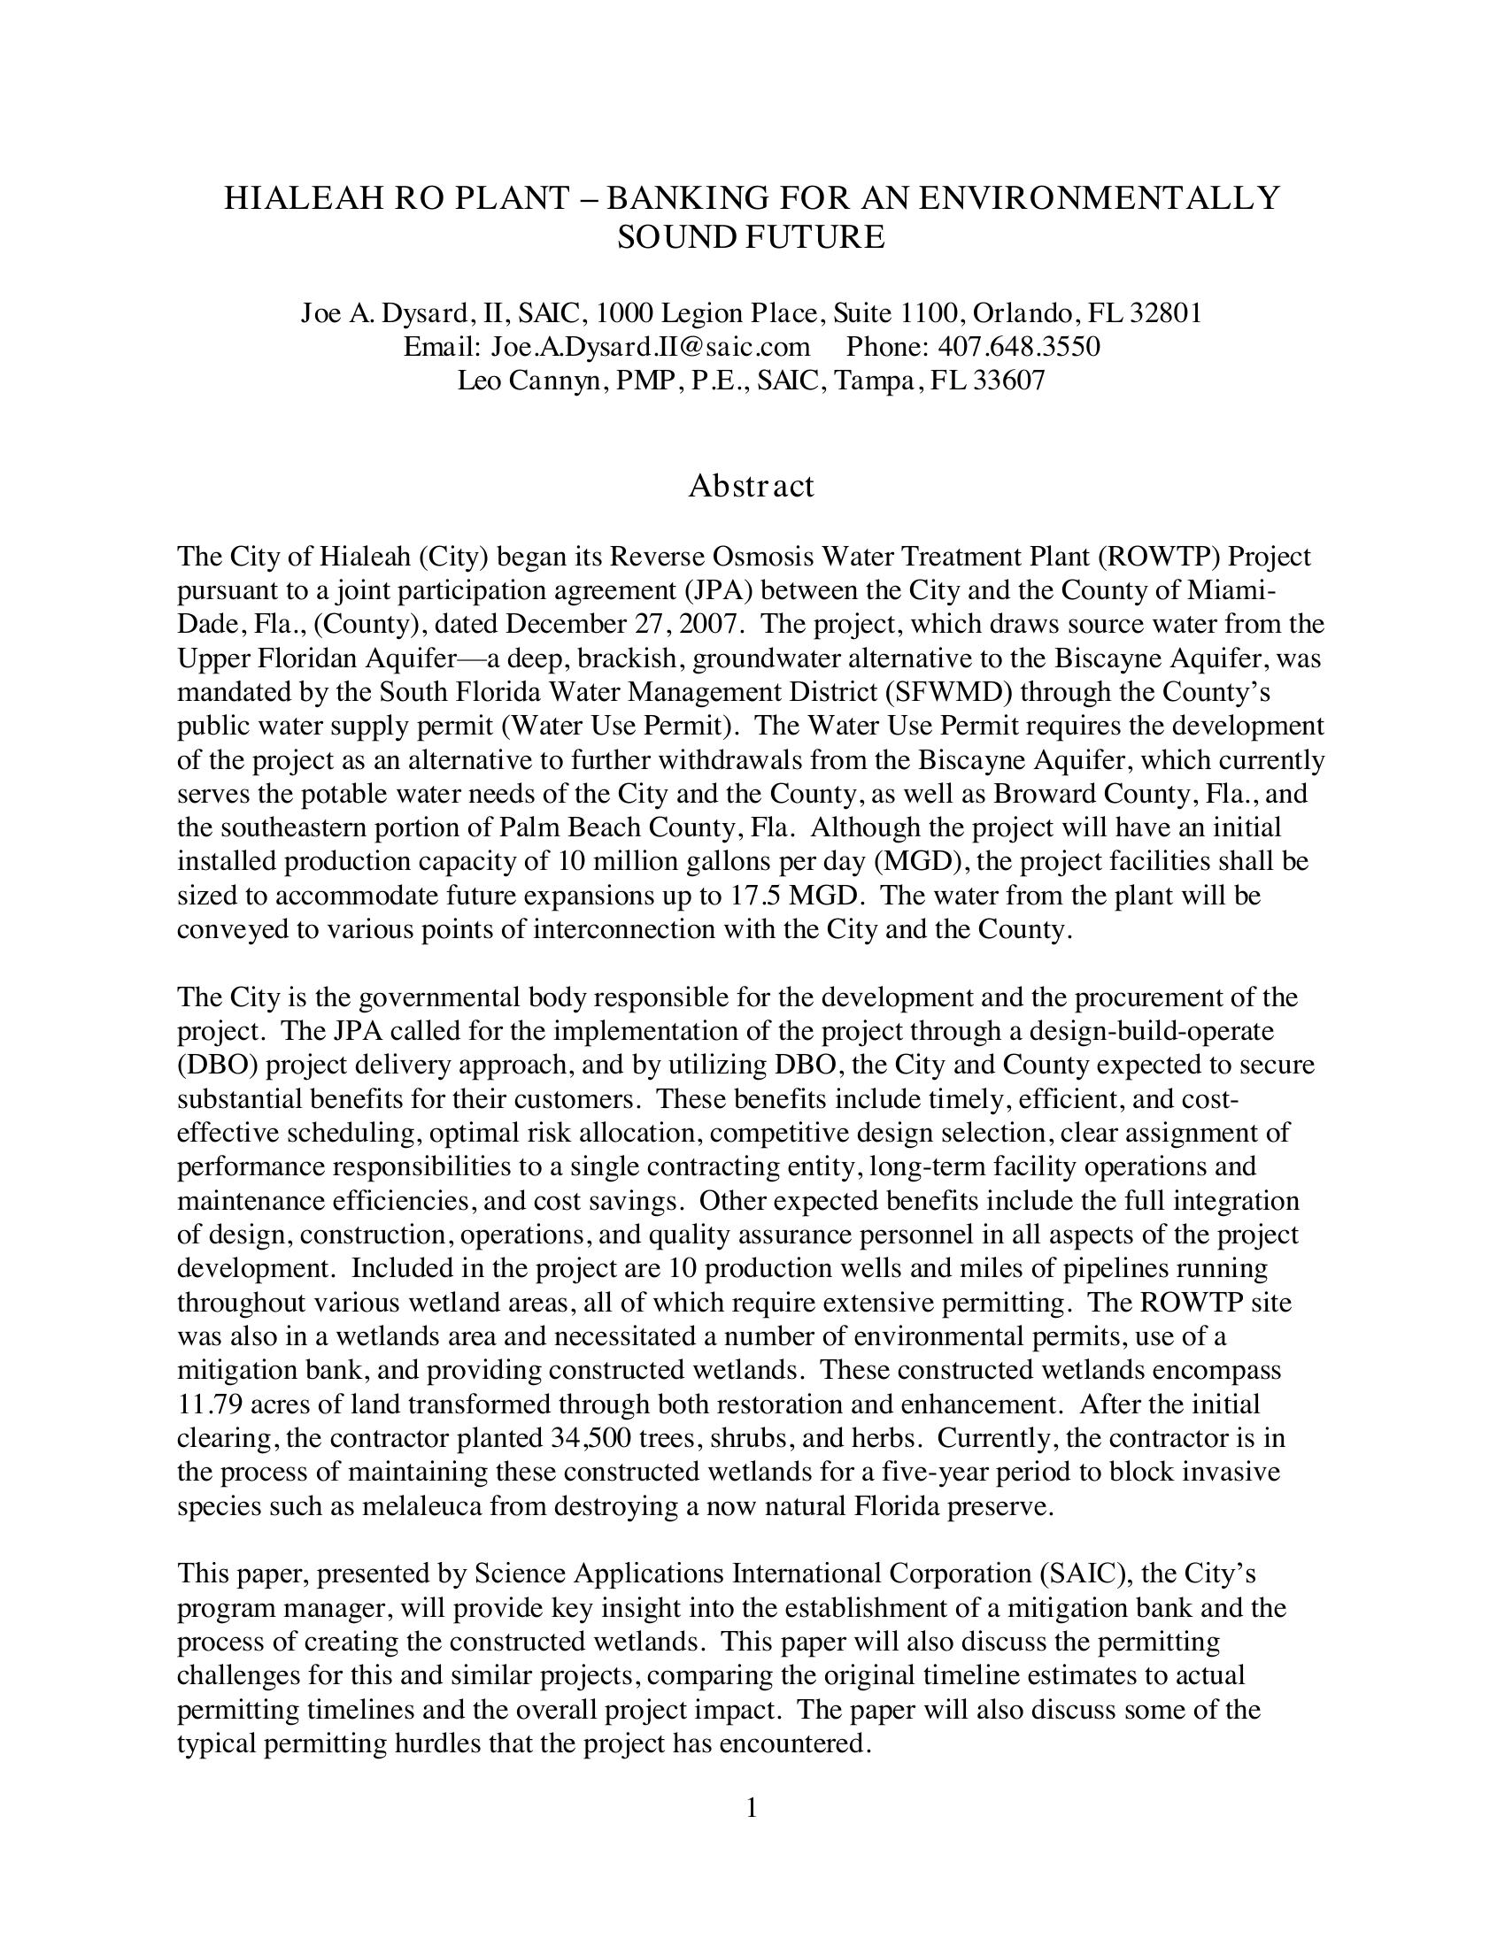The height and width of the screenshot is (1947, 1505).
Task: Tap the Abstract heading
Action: [751, 486]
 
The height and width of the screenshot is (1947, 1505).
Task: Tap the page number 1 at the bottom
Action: [752, 1809]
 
